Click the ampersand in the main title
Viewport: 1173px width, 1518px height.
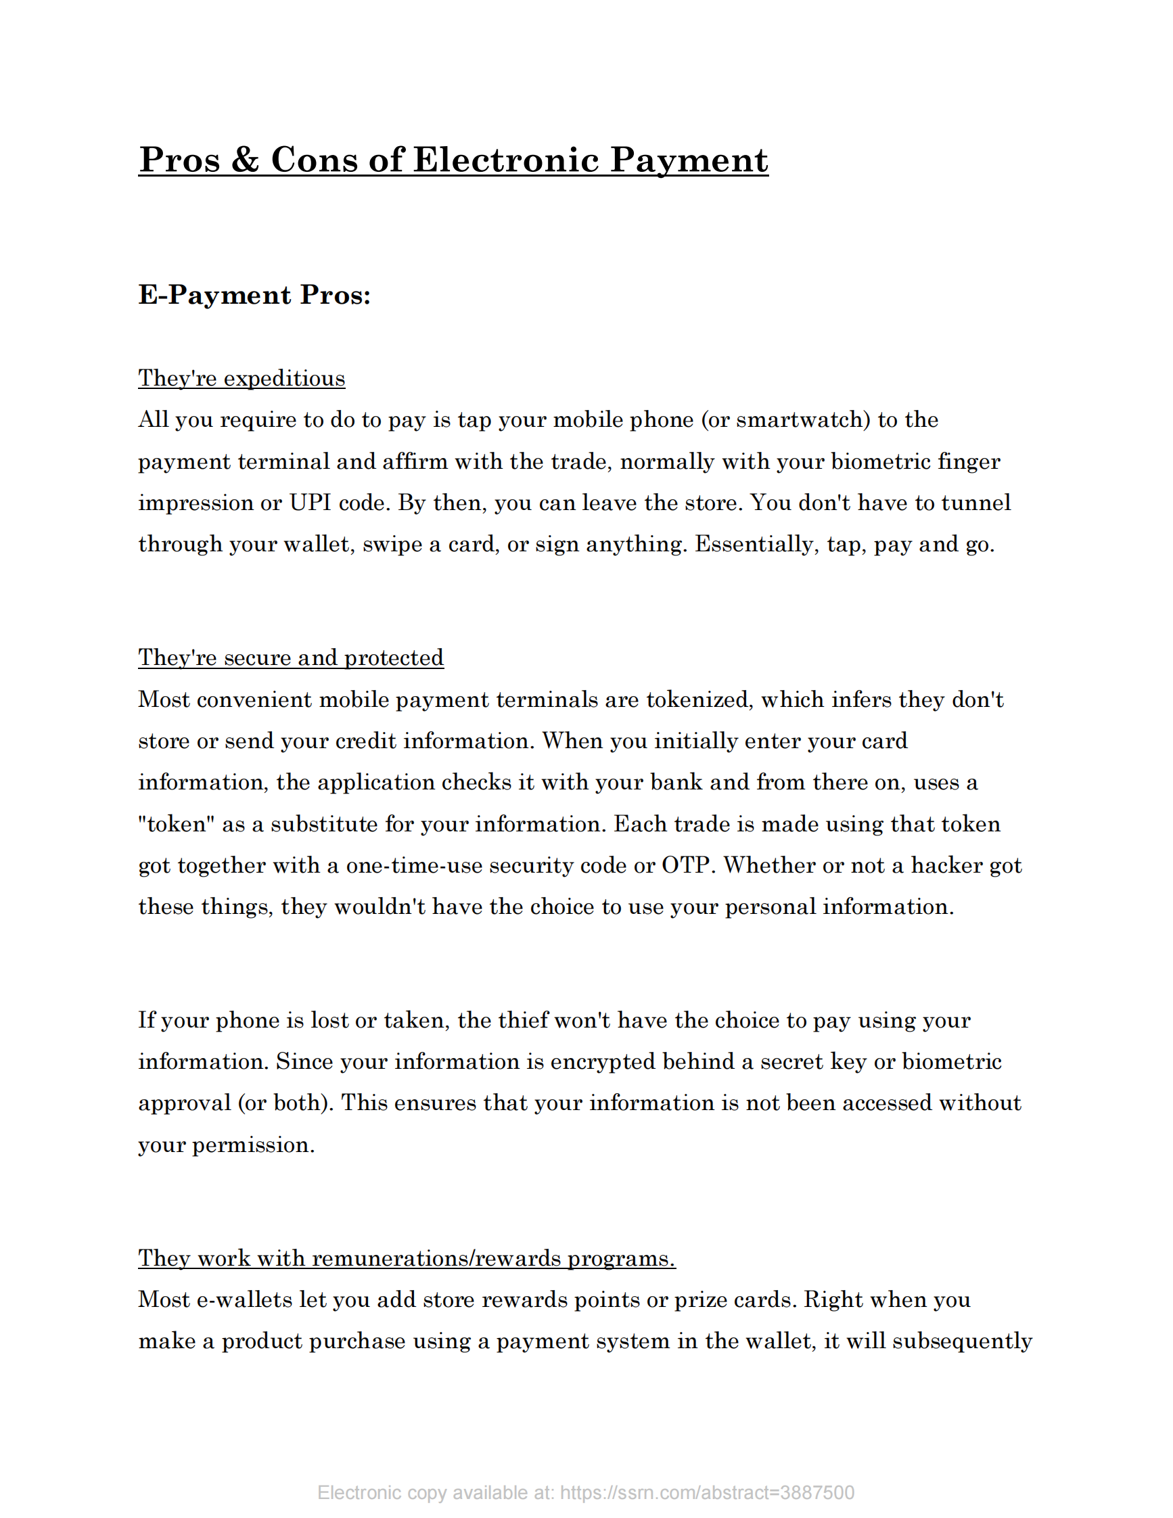click(x=245, y=160)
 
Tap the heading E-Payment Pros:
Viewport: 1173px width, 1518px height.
click(x=254, y=295)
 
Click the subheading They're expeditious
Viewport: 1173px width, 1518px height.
click(x=241, y=378)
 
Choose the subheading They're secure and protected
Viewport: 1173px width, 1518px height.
click(x=290, y=658)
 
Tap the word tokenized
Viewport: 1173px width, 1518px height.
click(x=699, y=699)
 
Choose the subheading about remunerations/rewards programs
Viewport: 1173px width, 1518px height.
click(x=407, y=1258)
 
